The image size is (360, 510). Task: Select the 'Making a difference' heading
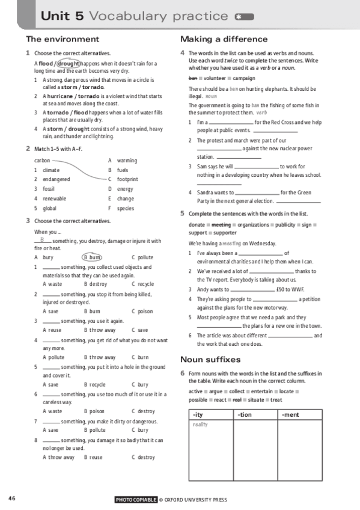tap(224, 39)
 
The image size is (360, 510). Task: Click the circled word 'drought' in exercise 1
tap(69, 63)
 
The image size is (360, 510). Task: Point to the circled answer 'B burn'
tap(92, 257)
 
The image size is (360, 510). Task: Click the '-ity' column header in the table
tap(198, 414)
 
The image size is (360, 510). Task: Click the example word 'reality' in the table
tap(200, 425)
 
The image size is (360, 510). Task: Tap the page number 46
tap(12, 498)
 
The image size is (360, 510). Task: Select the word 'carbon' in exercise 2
tap(42, 161)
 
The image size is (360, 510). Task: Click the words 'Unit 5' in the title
tap(63, 16)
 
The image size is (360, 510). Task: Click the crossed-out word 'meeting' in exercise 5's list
tap(221, 224)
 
